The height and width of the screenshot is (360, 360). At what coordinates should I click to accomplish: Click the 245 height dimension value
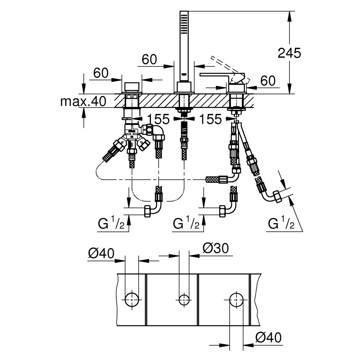tap(289, 53)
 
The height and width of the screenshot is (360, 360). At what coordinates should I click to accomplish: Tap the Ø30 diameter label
tap(215, 248)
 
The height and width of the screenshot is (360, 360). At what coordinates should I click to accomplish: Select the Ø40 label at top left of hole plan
tap(101, 254)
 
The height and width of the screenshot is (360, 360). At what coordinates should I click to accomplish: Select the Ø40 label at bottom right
tap(268, 338)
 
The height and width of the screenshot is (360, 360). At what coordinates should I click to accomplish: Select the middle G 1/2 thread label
tap(186, 224)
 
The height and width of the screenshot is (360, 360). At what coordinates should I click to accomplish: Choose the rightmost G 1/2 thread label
tap(281, 224)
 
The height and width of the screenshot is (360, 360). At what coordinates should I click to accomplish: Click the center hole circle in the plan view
tap(184, 298)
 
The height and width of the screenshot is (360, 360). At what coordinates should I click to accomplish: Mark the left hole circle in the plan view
tap(131, 298)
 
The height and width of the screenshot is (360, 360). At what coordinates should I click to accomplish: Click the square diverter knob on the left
tap(131, 87)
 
